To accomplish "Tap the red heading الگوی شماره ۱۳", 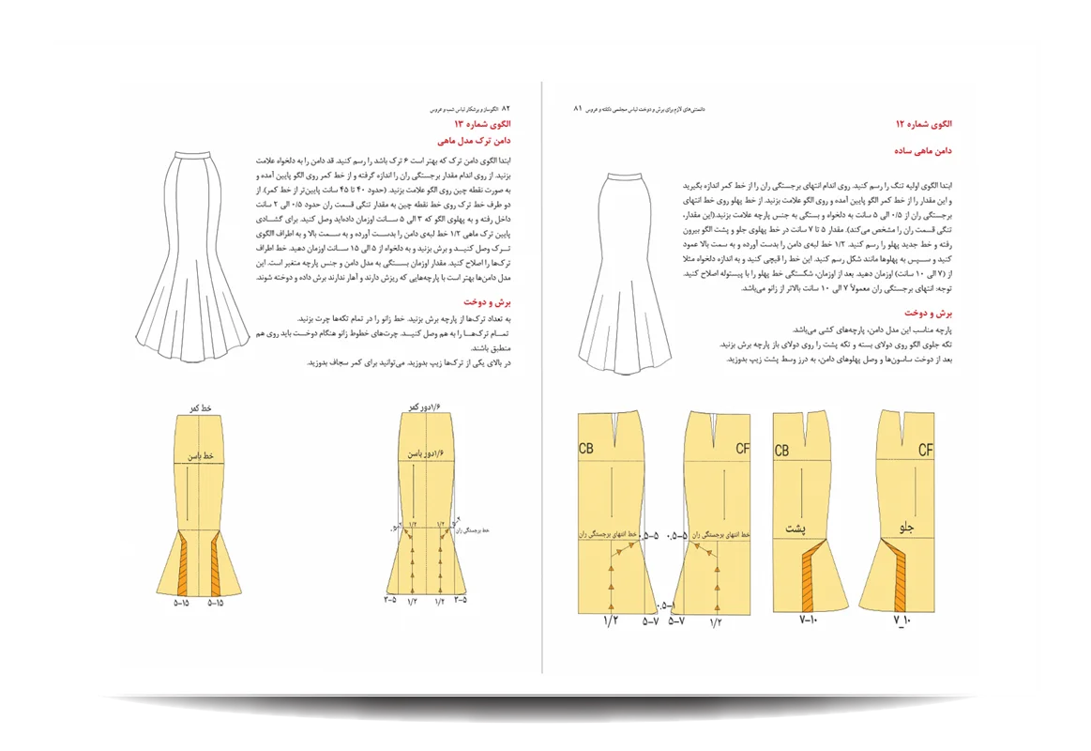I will pyautogui.click(x=483, y=124).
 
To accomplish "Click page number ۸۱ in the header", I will pyautogui.click(x=578, y=108).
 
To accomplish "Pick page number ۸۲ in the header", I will pyautogui.click(x=507, y=108).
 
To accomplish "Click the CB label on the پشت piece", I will pyautogui.click(x=781, y=452).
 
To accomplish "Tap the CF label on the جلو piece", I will pyautogui.click(x=925, y=451).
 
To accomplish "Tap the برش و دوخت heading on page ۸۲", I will pyautogui.click(x=487, y=302).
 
